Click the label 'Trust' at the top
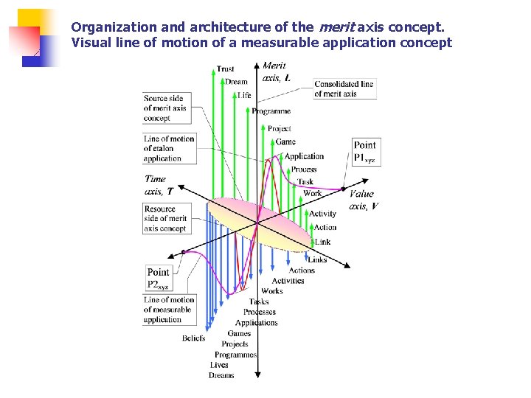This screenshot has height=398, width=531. pyautogui.click(x=226, y=69)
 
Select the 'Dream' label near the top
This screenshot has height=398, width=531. pyautogui.click(x=236, y=82)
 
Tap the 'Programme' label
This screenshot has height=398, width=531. pyautogui.click(x=271, y=111)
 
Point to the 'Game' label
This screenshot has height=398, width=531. pyautogui.click(x=285, y=142)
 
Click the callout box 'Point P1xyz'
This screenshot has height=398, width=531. pyautogui.click(x=365, y=151)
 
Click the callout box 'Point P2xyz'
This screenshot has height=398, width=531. pyautogui.click(x=159, y=279)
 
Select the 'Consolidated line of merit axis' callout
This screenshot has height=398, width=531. pyautogui.click(x=344, y=89)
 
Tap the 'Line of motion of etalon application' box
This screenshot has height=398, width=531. pyautogui.click(x=169, y=148)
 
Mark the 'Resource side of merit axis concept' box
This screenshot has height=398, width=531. pyautogui.click(x=165, y=219)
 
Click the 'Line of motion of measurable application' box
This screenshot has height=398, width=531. pyautogui.click(x=169, y=310)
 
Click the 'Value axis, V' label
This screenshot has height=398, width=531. pyautogui.click(x=362, y=200)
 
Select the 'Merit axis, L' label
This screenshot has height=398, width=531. pyautogui.click(x=275, y=71)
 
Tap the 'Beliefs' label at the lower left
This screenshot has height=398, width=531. pyautogui.click(x=193, y=338)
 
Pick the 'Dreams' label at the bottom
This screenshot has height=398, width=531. pyautogui.click(x=221, y=375)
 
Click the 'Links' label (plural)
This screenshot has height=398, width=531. pyautogui.click(x=317, y=259)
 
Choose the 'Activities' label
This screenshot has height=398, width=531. pyautogui.click(x=288, y=281)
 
